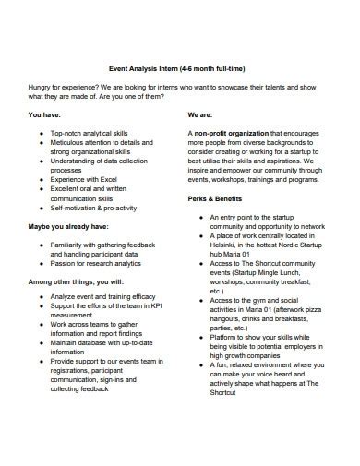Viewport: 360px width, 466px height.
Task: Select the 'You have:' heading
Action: [x=45, y=116]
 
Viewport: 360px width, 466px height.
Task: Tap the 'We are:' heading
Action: [x=200, y=116]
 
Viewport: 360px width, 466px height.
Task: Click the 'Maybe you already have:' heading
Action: [x=68, y=226]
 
